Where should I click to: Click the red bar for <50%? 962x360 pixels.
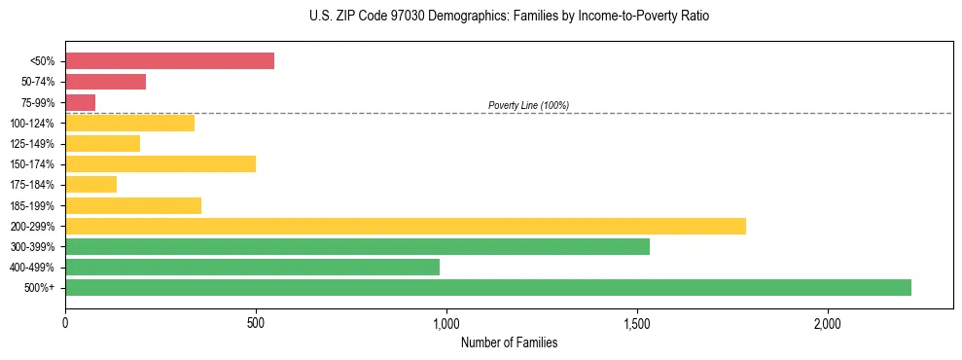(x=169, y=61)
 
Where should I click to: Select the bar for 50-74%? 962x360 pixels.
(x=105, y=82)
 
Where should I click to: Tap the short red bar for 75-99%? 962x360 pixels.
(x=80, y=102)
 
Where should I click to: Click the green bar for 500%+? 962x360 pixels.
(x=487, y=287)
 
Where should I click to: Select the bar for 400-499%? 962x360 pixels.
(x=252, y=267)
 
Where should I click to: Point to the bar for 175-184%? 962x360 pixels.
(x=90, y=185)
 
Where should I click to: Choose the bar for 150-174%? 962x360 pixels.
(x=160, y=163)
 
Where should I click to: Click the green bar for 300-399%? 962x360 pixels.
(x=357, y=246)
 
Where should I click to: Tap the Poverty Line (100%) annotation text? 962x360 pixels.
(x=528, y=105)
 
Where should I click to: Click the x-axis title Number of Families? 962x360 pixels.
(x=509, y=342)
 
